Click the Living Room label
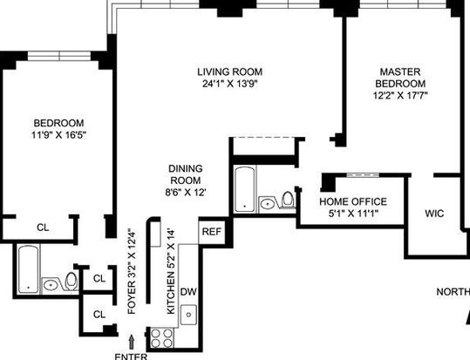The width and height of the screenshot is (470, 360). pos(230,72)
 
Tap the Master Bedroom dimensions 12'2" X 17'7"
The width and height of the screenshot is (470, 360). pos(400,95)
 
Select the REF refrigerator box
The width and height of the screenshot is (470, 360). pos(212,232)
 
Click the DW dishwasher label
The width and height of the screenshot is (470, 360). pos(188,292)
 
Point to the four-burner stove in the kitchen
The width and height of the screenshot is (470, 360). pos(162,338)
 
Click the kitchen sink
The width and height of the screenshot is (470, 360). pos(188,315)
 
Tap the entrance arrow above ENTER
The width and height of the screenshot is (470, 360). pos(131,342)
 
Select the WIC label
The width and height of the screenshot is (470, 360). pos(434,214)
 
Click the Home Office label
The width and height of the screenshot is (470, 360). pos(353,201)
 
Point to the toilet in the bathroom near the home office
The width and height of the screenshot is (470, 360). pos(288,199)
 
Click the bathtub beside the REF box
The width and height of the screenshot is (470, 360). pos(245,189)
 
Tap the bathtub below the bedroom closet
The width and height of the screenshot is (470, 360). pos(28,268)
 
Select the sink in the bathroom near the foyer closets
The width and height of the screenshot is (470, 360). pos(51,285)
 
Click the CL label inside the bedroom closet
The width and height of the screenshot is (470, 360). pos(43,228)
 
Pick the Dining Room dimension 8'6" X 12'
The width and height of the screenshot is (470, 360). pos(186,192)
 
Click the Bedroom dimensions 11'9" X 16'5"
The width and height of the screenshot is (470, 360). pos(58,135)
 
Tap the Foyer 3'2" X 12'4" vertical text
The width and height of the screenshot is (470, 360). pos(132,272)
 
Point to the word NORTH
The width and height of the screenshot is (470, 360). pos(453,292)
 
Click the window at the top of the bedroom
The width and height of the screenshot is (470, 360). pos(59,56)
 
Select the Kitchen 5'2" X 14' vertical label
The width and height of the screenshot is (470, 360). pos(171,272)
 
